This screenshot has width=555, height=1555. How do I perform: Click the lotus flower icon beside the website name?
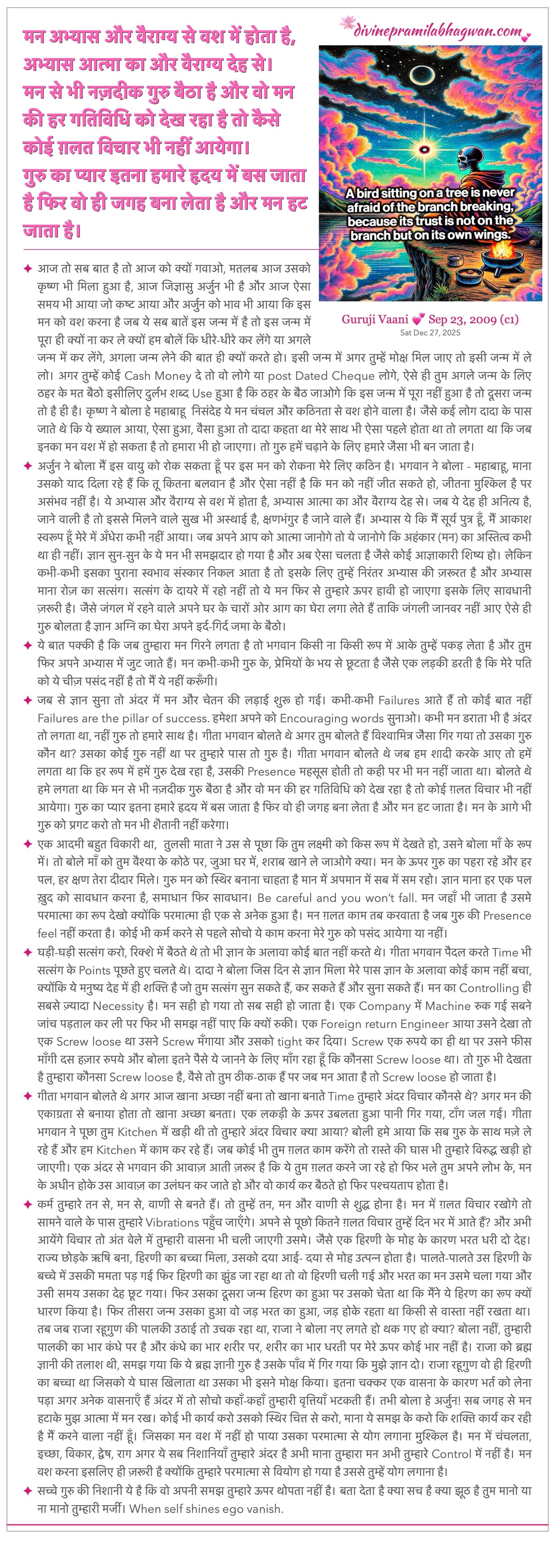(347, 23)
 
